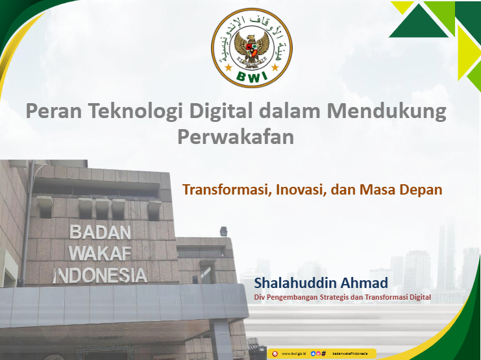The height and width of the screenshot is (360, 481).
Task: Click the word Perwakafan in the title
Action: coord(236,138)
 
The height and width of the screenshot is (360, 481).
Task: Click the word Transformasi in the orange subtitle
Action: coord(225,190)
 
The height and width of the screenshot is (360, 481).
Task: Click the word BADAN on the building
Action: coord(101,232)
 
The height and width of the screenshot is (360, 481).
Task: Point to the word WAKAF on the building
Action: coord(100,253)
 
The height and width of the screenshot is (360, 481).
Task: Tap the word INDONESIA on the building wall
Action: coord(100,275)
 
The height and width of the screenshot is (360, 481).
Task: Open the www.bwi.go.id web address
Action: coord(294,354)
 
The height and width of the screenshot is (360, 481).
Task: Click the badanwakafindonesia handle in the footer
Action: coord(350,354)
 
